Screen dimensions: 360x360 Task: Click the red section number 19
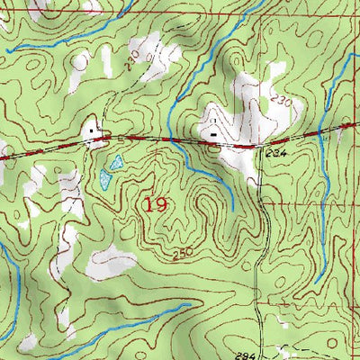pyautogui.click(x=154, y=204)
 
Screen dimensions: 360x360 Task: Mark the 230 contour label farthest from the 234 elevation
pyautogui.click(x=135, y=66)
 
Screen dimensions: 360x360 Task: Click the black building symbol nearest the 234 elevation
pyautogui.click(x=213, y=136)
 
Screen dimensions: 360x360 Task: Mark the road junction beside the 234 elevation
pyautogui.click(x=257, y=145)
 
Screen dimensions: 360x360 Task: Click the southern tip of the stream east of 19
pyautogui.click(x=232, y=209)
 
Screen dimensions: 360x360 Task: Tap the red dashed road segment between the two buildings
pyautogui.click(x=153, y=139)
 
